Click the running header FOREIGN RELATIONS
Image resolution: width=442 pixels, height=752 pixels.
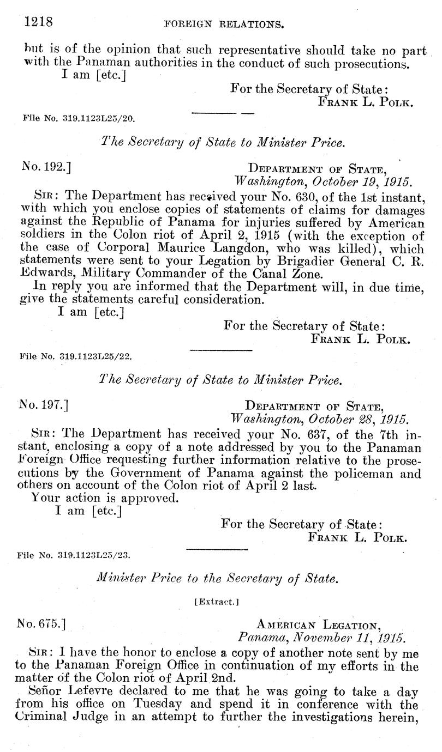(x=221, y=23)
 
